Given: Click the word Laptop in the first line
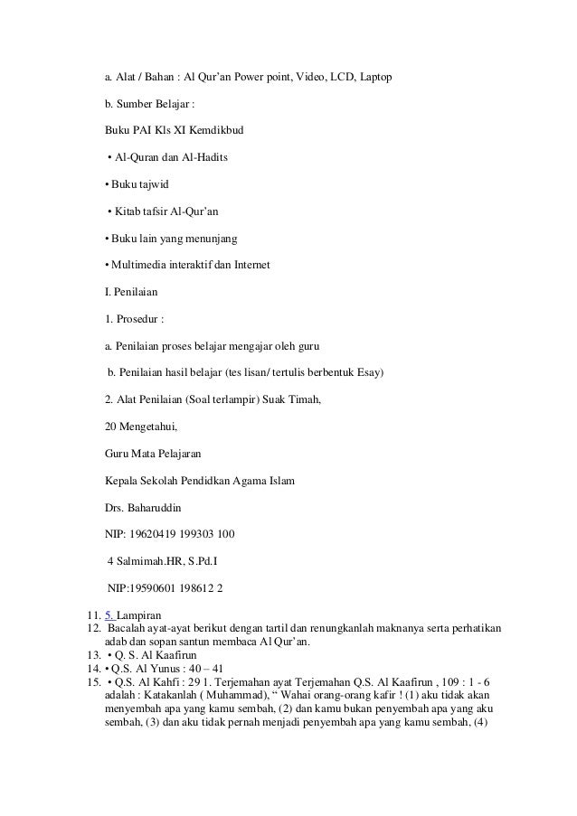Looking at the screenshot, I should click(x=375, y=79).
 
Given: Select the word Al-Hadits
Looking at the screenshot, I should click(x=205, y=159).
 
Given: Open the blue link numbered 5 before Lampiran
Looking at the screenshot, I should click(x=109, y=615).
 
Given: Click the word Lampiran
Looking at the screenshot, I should click(x=137, y=615).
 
